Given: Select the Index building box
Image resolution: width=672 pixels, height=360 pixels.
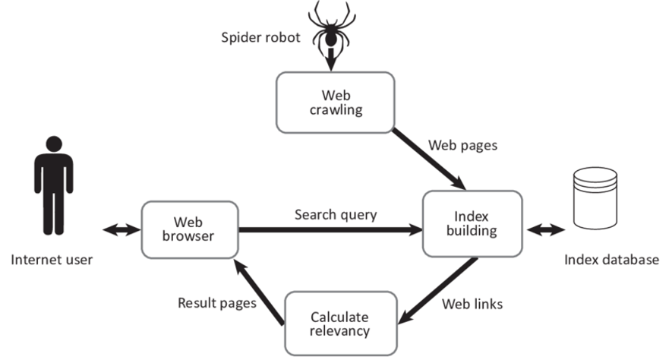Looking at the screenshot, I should pyautogui.click(x=472, y=223).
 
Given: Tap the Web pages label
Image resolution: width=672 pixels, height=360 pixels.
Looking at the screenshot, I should pyautogui.click(x=463, y=144).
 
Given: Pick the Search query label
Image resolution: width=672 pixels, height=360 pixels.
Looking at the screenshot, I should pyautogui.click(x=336, y=214).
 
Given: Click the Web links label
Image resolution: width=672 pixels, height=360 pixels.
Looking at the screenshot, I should pyautogui.click(x=472, y=305).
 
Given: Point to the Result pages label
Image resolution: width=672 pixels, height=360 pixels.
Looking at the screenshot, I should pyautogui.click(x=216, y=302).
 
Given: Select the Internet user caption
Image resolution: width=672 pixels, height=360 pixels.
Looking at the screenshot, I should pyautogui.click(x=52, y=260).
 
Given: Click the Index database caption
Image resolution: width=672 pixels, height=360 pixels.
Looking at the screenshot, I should pyautogui.click(x=611, y=260).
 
